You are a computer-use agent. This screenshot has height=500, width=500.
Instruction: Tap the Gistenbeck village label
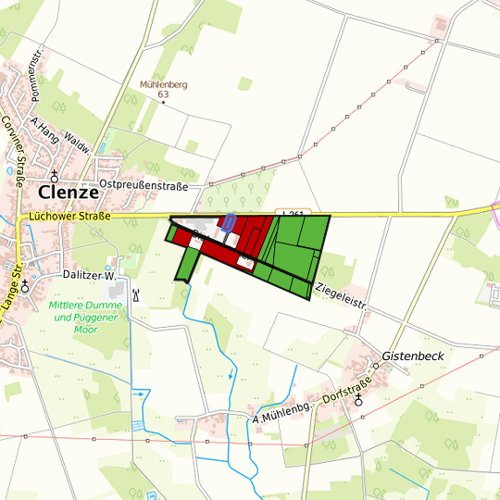tap(413, 356)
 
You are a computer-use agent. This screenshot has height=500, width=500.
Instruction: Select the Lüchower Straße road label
tap(69, 218)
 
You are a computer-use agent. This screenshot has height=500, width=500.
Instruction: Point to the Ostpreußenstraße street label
tap(144, 186)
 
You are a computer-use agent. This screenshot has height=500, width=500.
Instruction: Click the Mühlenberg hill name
tap(163, 84)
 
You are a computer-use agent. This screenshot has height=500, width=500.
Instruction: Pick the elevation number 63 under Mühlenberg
tap(163, 94)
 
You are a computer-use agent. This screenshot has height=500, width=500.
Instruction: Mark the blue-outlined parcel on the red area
tap(228, 223)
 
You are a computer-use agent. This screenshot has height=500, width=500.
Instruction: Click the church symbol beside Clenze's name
tap(55, 175)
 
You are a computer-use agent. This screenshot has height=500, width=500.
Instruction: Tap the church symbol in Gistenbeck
tap(358, 400)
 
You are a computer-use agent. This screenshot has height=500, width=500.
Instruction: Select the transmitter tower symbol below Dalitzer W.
tap(136, 295)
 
